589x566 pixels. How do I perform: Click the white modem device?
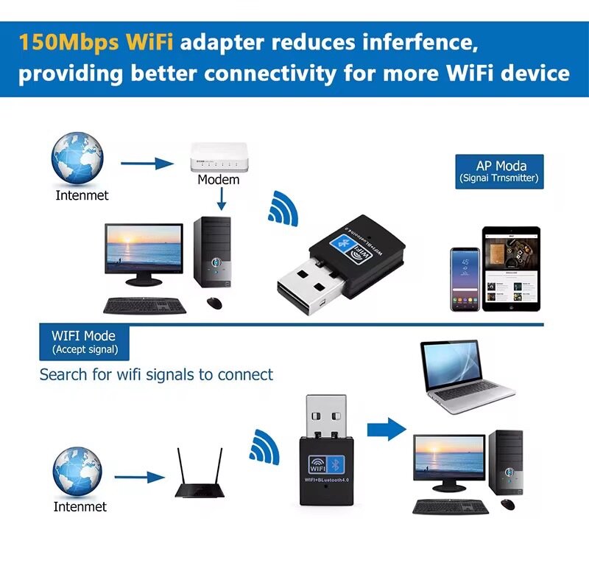[x=218, y=158]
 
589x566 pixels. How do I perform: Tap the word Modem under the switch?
[x=219, y=179]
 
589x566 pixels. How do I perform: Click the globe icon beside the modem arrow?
[x=77, y=157]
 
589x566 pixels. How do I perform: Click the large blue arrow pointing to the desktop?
[x=387, y=428]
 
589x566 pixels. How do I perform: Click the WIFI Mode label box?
[x=84, y=342]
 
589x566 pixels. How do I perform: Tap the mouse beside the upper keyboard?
[x=215, y=302]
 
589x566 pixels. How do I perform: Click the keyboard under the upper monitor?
[x=145, y=304]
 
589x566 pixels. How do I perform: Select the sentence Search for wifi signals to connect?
[x=156, y=374]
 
